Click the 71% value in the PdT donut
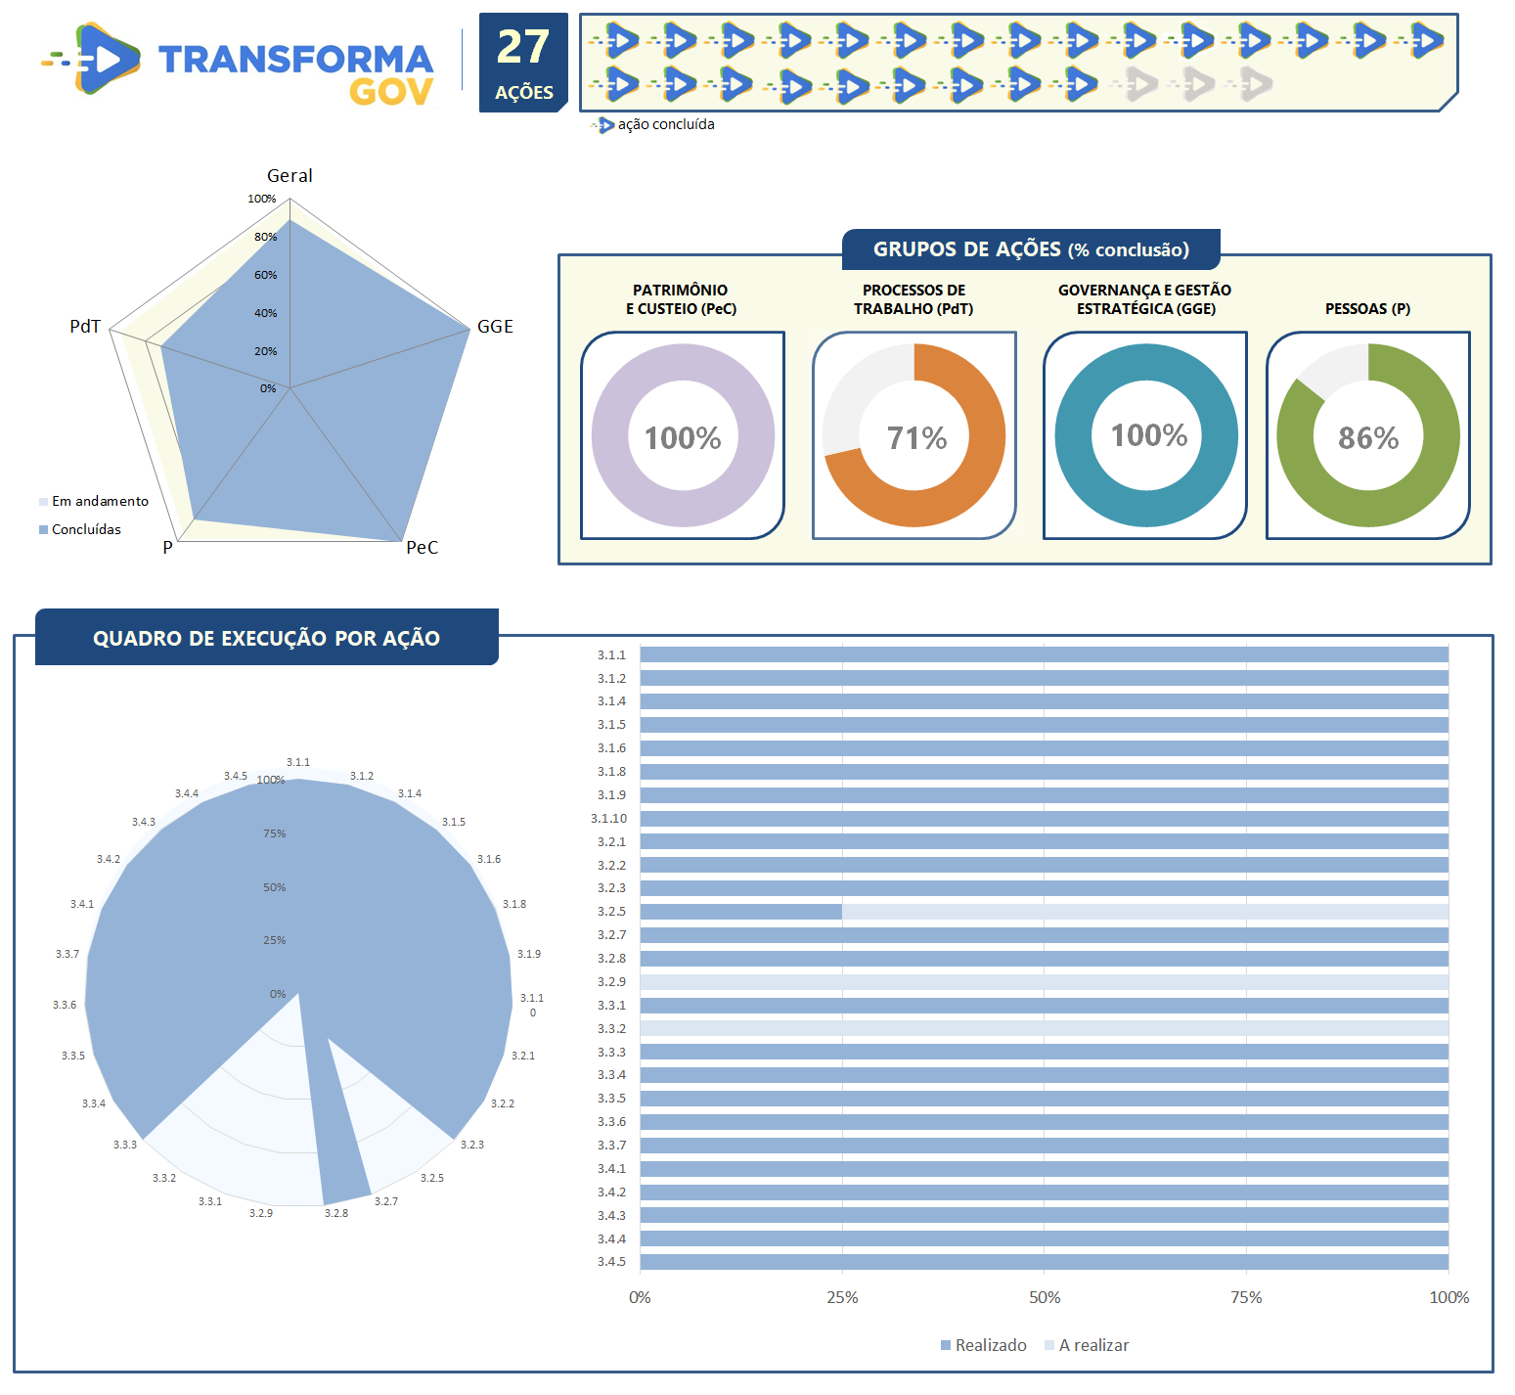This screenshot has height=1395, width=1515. (916, 438)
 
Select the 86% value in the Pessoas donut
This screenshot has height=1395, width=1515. (1368, 438)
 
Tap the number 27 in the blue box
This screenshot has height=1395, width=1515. (523, 47)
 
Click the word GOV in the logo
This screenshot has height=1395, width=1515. (391, 92)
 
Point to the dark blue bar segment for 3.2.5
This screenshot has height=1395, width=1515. (740, 912)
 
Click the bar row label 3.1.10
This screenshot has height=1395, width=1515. (608, 819)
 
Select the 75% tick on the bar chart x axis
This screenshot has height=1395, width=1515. (1246, 1297)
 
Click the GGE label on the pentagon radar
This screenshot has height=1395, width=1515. (495, 327)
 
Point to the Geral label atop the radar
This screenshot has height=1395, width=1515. (290, 176)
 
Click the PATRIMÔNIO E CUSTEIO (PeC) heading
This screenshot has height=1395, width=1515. (681, 299)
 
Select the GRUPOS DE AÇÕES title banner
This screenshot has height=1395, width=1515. (1031, 249)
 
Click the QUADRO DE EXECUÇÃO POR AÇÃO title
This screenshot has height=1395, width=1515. (266, 638)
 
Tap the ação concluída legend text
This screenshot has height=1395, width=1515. (665, 124)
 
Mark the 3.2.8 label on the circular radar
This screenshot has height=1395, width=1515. (335, 1213)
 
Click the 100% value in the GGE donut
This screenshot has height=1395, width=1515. (1148, 435)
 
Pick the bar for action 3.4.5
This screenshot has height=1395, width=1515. (1044, 1262)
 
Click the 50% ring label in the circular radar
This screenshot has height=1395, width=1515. (274, 887)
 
